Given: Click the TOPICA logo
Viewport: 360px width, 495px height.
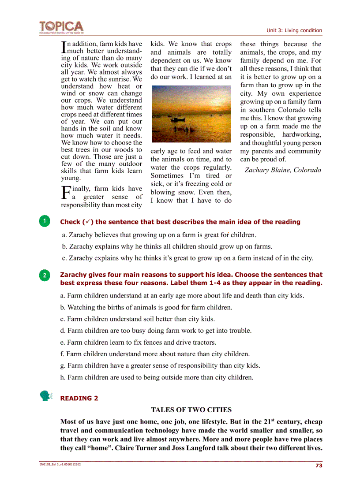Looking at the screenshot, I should coord(61,26).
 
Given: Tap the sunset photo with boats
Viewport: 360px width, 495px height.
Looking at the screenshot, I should coord(191,114).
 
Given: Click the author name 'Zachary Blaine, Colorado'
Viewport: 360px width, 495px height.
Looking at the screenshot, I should coord(283,170).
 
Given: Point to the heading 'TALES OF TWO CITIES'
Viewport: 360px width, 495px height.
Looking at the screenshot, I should coord(191,410).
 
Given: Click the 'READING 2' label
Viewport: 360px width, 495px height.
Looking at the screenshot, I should coord(79,398).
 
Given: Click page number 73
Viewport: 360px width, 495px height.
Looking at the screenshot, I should coord(318,465).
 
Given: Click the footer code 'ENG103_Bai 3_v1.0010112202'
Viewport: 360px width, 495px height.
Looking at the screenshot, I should coord(60,464).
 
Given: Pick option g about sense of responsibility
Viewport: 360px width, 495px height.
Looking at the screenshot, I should coord(160,365).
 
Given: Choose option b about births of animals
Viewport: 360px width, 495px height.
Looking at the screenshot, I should coord(146,307).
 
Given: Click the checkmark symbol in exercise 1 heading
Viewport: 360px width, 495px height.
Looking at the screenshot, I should coord(88,222).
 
